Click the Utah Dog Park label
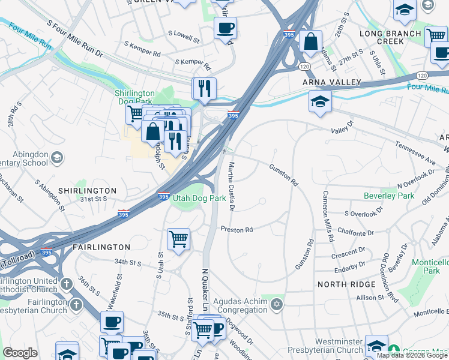[x=199, y=197]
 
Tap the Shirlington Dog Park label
[x=134, y=97]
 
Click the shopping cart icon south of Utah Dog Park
[x=179, y=239]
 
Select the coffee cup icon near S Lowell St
[x=225, y=28]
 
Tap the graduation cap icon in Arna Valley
[x=320, y=101]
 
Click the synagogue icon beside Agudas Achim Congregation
[x=276, y=304]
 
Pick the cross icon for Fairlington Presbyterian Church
[x=76, y=304]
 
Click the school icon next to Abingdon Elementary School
[x=56, y=158]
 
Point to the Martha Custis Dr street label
[x=230, y=186]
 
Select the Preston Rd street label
[x=237, y=229]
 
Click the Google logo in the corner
[x=20, y=353]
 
